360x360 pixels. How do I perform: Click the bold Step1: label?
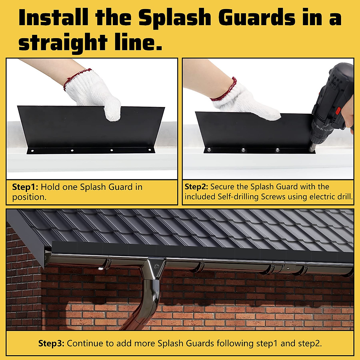coord(25,187)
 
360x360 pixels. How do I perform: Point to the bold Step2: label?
coord(196,187)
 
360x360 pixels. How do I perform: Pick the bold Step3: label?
coord(51,343)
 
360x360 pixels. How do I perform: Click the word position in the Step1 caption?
coord(29,197)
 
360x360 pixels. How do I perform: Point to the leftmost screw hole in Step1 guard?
coord(33,151)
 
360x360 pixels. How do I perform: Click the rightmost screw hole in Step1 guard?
coord(149,150)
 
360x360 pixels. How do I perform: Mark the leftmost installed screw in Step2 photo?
coord(209,149)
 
